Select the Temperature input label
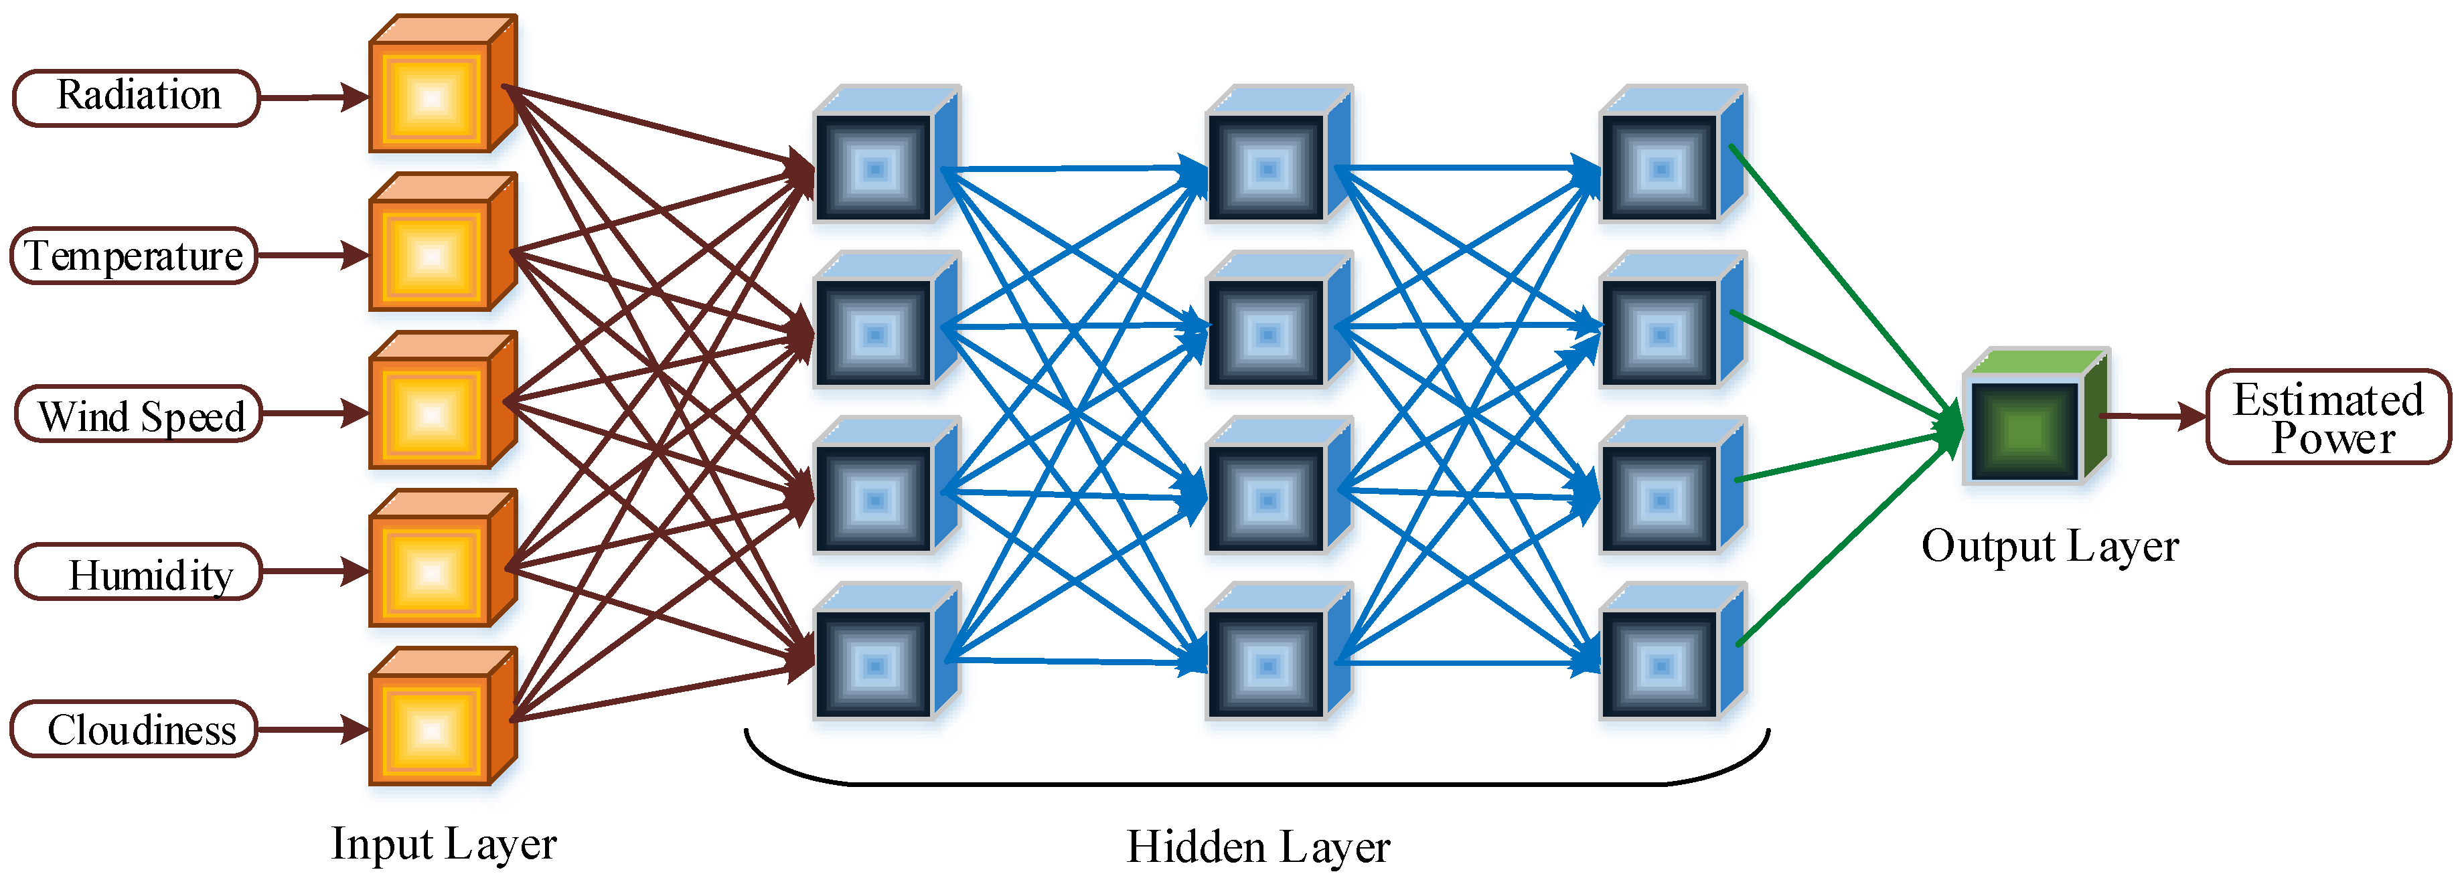pyautogui.click(x=134, y=256)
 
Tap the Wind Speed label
pyautogui.click(x=139, y=415)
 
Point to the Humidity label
pyautogui.click(x=139, y=573)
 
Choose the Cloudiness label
pyautogui.click(x=134, y=730)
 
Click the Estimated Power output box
pyautogui.click(x=2328, y=417)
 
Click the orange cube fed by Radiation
pyautogui.click(x=435, y=96)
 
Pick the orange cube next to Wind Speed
pyautogui.click(x=435, y=412)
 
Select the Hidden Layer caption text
pyautogui.click(x=1258, y=847)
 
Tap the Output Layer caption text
pyautogui.click(x=2050, y=546)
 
